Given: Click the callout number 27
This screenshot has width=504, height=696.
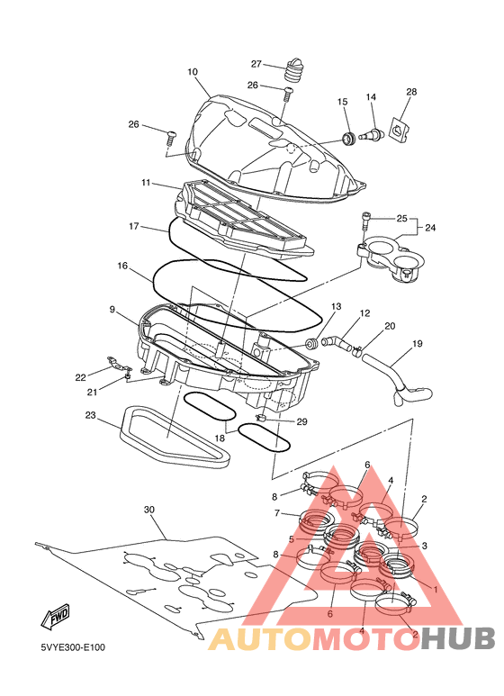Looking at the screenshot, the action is (256, 64).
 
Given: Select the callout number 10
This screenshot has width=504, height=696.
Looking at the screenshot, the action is (192, 71).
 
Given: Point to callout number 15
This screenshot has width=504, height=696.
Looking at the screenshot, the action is (342, 102).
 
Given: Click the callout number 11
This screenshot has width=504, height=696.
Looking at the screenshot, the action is (146, 183).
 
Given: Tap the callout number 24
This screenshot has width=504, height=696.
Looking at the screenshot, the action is (430, 228).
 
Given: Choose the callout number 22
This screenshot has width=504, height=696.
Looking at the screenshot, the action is (80, 378).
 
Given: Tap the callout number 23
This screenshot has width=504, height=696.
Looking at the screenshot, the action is (91, 415).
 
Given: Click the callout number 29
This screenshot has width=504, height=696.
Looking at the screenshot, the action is (301, 421).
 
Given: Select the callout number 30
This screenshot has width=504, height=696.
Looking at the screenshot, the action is (149, 510).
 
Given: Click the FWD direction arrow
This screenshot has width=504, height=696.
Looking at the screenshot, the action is (56, 617).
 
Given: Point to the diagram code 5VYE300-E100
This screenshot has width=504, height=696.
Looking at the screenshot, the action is (73, 647).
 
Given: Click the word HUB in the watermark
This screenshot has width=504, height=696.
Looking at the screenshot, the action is (458, 638).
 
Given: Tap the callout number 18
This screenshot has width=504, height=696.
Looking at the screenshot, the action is (220, 438).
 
